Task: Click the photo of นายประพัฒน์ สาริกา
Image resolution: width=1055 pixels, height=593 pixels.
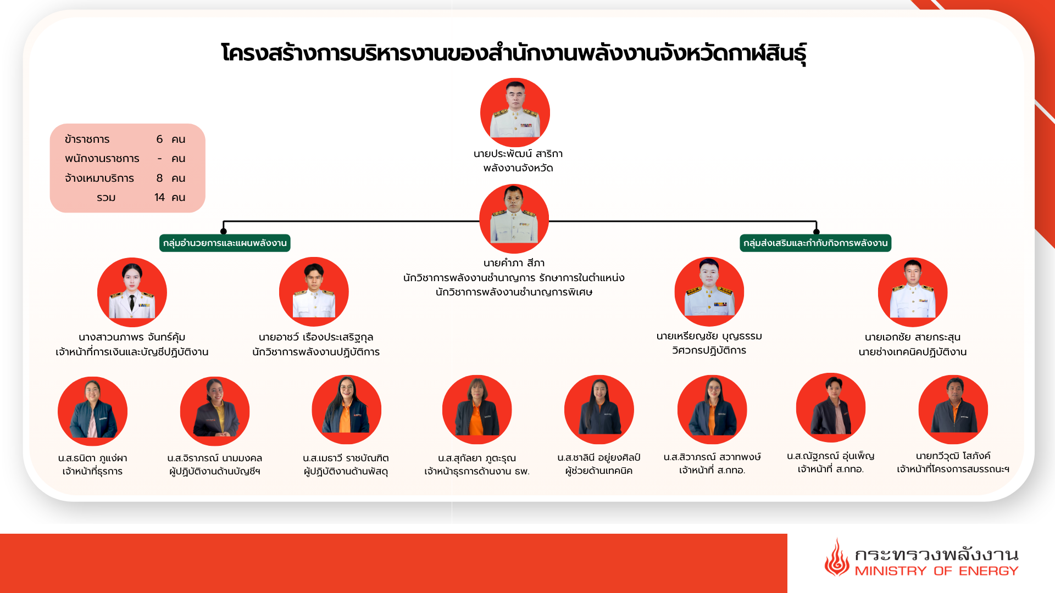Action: coord(515,113)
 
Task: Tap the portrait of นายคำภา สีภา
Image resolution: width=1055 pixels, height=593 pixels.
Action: coord(514,219)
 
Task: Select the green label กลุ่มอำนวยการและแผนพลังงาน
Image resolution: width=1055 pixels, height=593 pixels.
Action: coord(225,243)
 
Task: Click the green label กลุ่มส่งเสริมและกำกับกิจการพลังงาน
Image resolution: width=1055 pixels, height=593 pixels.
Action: coord(815,243)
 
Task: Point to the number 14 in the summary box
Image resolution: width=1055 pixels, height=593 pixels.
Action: coord(159,197)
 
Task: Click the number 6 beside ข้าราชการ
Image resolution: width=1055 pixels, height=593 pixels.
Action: coord(159,139)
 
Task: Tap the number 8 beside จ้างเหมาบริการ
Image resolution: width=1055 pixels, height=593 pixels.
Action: coord(159,178)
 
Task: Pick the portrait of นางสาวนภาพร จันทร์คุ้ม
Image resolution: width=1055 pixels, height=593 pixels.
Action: coord(132,292)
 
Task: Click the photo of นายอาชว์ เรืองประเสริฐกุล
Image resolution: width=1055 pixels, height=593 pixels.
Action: coord(314,292)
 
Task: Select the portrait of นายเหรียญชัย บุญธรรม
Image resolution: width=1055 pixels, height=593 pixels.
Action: coord(709,292)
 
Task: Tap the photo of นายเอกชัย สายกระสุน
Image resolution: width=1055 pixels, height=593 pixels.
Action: coord(913,292)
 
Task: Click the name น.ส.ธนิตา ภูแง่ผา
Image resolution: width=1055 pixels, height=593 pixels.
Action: coord(92,458)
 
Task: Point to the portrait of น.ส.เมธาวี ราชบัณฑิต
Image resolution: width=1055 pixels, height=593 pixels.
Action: coord(346,410)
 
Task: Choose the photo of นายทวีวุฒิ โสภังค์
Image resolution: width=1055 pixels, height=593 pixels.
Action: coord(953,410)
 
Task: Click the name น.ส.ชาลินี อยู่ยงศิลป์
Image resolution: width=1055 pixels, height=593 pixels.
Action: coord(599,457)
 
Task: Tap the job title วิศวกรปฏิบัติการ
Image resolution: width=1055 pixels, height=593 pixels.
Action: coord(709,350)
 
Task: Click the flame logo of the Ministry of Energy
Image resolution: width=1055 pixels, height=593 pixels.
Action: coord(836,557)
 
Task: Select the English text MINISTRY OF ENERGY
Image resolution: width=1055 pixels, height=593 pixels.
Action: coord(936,571)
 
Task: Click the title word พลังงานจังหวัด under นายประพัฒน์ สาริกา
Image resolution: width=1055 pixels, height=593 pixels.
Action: coord(518,168)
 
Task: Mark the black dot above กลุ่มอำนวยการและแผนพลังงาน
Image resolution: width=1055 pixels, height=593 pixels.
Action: coord(224,231)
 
